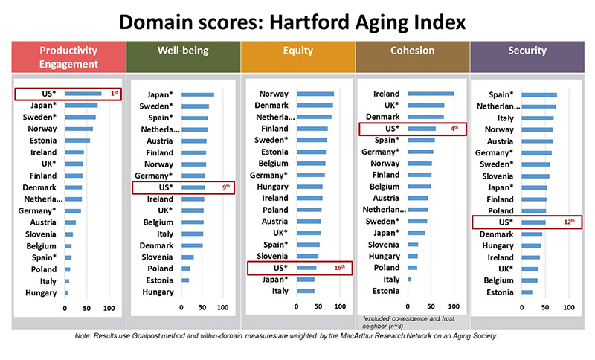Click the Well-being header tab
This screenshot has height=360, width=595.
183,57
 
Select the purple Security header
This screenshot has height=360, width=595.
527,57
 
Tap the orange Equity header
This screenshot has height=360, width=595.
298,57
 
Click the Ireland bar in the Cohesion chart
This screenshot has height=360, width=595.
431,94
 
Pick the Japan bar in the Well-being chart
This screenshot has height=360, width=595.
198,95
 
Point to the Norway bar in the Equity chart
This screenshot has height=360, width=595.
315,94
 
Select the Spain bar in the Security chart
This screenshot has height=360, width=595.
539,95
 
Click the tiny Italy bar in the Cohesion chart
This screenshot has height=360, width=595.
410,280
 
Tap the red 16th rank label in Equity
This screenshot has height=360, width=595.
340,268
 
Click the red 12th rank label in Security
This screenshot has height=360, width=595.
569,222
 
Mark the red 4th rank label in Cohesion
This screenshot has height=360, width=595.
454,129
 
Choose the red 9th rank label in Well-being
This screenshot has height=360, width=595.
226,187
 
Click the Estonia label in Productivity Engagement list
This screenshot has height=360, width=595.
43,141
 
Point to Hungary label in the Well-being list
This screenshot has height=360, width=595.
158,292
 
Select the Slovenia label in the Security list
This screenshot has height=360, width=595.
498,176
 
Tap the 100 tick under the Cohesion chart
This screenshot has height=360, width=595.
454,306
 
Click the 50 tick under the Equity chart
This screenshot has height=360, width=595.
318,306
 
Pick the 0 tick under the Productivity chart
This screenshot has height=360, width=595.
65,309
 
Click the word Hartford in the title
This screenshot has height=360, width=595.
309,22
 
